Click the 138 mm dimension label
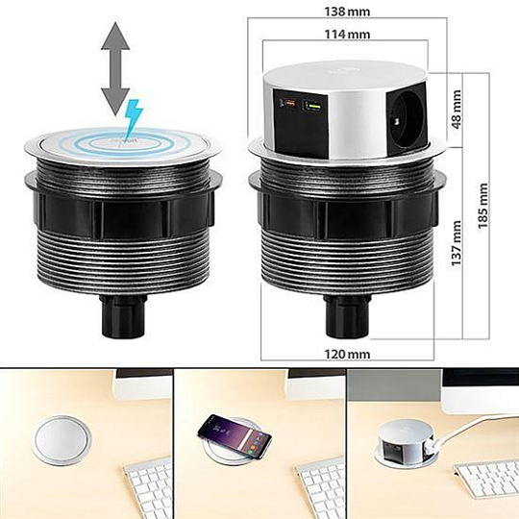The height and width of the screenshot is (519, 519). (x=347, y=12)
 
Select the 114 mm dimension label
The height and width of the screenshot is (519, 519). (x=347, y=34)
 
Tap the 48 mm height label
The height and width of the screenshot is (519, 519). (x=457, y=110)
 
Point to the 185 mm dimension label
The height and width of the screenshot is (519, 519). (x=482, y=206)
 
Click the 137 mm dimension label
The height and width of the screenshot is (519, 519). (x=457, y=242)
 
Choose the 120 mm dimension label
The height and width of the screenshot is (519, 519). (x=347, y=355)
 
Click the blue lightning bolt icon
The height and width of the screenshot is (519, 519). (x=133, y=117)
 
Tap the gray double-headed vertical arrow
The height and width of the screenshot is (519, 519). (x=115, y=69)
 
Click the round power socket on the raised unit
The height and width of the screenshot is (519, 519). (x=407, y=119)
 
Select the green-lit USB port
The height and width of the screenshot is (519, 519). (x=312, y=106)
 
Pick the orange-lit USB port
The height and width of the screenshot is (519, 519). (x=287, y=104)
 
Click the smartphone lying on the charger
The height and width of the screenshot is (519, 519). (x=235, y=435)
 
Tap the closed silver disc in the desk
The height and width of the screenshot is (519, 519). (x=62, y=439)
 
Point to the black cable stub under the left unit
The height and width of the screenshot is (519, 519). (x=123, y=315)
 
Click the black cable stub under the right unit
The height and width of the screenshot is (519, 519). (x=347, y=315)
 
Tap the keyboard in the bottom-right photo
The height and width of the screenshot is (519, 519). (x=486, y=480)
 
